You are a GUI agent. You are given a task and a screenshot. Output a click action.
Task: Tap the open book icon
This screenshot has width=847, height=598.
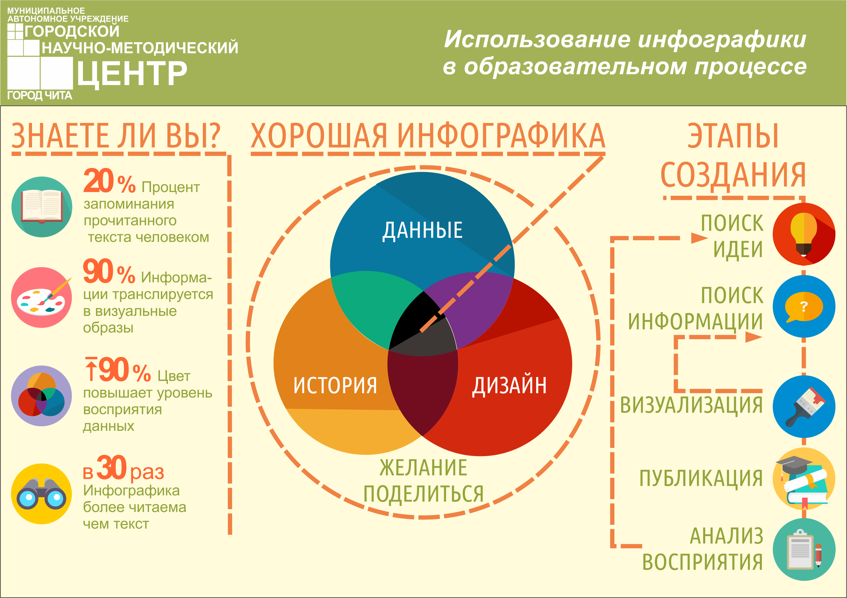click(x=42, y=207)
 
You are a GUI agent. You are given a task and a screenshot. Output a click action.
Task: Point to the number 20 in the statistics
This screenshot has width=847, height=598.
click(x=98, y=181)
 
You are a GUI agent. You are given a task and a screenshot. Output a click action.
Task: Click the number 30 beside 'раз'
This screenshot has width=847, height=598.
click(x=111, y=468)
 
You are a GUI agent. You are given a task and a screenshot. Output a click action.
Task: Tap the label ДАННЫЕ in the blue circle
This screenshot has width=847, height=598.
click(x=422, y=230)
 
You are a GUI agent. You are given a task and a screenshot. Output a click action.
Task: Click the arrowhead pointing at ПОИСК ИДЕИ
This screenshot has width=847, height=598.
click(x=699, y=238)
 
